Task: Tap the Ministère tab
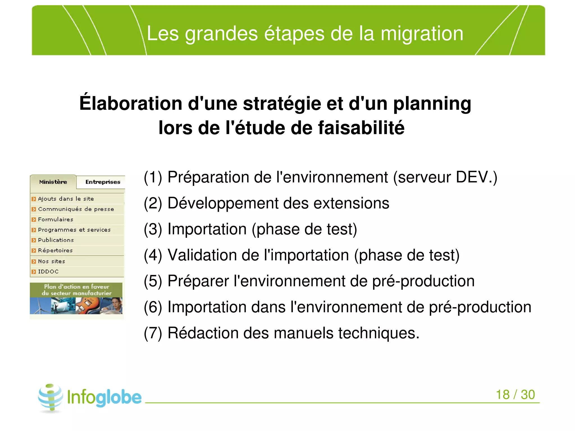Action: coord(53,182)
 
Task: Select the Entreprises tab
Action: coord(103,182)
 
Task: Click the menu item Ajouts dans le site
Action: coord(66,199)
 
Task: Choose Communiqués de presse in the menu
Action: coord(76,209)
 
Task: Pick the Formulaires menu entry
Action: coord(56,220)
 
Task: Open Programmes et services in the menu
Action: coord(74,230)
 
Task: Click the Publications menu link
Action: coord(56,240)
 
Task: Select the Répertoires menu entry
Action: coord(55,250)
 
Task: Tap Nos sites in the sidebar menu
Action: coord(51,261)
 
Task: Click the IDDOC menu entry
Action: coord(48,272)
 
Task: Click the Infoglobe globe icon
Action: coord(51,398)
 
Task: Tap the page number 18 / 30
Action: coord(515,394)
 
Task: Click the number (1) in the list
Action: coord(153,177)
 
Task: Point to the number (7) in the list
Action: coord(153,333)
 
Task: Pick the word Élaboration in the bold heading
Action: coord(131,103)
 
